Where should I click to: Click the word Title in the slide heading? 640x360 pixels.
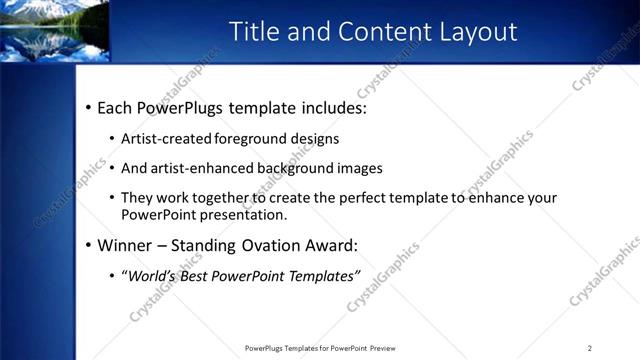pyautogui.click(x=254, y=32)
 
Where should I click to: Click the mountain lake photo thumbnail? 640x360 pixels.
pyautogui.click(x=54, y=31)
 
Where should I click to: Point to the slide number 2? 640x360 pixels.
pyautogui.click(x=590, y=348)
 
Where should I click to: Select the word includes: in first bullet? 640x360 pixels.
pyautogui.click(x=331, y=107)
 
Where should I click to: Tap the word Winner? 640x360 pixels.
pyautogui.click(x=124, y=245)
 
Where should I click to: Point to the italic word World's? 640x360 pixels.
pyautogui.click(x=152, y=275)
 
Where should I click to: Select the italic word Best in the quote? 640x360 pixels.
pyautogui.click(x=201, y=275)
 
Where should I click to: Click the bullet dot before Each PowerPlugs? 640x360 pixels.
pyautogui.click(x=88, y=107)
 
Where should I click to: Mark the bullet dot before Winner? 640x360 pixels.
pyautogui.click(x=88, y=245)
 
